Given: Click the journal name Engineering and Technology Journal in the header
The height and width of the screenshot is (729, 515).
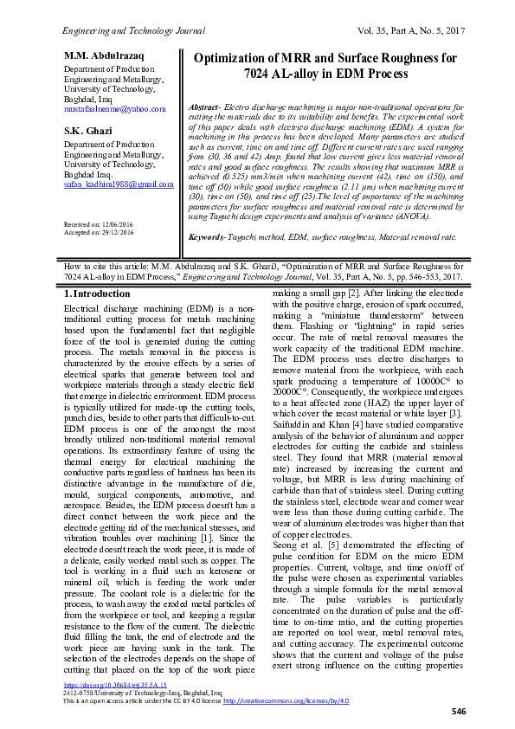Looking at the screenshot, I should click(132, 30).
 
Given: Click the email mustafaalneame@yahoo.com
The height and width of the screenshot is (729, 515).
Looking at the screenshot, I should click(113, 109).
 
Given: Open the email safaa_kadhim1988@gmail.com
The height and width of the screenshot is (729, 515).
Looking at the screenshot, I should click(119, 184).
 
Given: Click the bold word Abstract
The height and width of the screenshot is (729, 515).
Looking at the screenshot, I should click(203, 106).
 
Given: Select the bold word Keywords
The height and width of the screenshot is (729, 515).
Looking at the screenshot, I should click(207, 236).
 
